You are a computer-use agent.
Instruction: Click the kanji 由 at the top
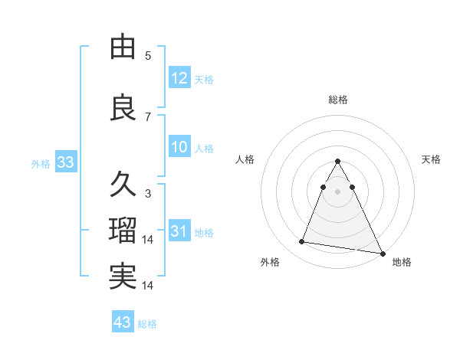tap(123, 47)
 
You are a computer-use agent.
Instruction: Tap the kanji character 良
tap(123, 108)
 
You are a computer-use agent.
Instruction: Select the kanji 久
tap(123, 185)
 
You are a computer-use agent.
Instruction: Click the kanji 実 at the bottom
tap(123, 277)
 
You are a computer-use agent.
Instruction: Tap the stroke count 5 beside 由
tap(148, 56)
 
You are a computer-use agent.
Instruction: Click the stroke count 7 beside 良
tap(148, 117)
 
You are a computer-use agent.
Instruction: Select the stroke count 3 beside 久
tap(148, 194)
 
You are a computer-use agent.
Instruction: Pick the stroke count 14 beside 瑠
tap(148, 240)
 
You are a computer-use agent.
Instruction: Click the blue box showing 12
tap(179, 78)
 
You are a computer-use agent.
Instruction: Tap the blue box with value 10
tap(179, 147)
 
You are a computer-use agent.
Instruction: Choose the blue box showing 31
tap(179, 231)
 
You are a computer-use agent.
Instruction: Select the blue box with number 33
tap(65, 162)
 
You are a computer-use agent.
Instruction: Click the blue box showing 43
tap(122, 322)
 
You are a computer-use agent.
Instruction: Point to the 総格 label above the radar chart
tap(338, 100)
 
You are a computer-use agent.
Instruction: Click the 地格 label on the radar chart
tap(402, 262)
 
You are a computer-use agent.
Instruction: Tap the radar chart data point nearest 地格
tap(383, 253)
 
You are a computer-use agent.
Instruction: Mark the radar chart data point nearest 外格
tap(302, 242)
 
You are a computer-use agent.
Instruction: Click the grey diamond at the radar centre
tap(337, 189)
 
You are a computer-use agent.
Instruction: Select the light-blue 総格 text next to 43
tap(147, 324)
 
